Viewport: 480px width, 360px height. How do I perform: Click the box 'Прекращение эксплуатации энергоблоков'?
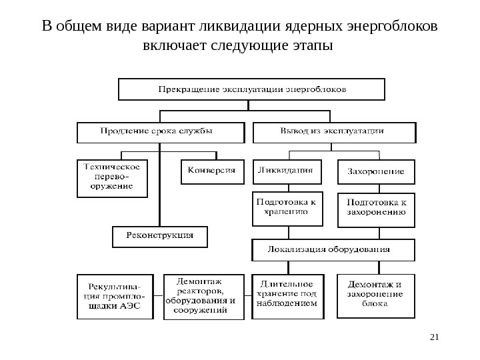click(251, 88)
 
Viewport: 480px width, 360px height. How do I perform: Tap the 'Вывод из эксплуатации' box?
click(335, 131)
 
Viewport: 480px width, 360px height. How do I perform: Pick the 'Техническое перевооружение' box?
click(110, 177)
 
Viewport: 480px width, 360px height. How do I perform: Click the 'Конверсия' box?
click(209, 171)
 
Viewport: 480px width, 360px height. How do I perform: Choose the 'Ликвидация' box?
click(287, 171)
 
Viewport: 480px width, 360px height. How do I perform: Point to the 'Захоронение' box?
click(376, 171)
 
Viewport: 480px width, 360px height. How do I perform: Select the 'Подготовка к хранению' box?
click(287, 208)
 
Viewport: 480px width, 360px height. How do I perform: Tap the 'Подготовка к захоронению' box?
click(376, 209)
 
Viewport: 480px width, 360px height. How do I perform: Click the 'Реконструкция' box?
click(159, 236)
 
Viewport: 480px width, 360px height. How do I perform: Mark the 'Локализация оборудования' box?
click(333, 250)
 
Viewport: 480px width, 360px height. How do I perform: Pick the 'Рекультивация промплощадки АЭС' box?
click(115, 295)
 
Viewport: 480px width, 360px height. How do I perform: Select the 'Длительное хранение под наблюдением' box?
click(289, 295)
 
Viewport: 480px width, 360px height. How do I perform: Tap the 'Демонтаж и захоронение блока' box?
click(376, 295)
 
